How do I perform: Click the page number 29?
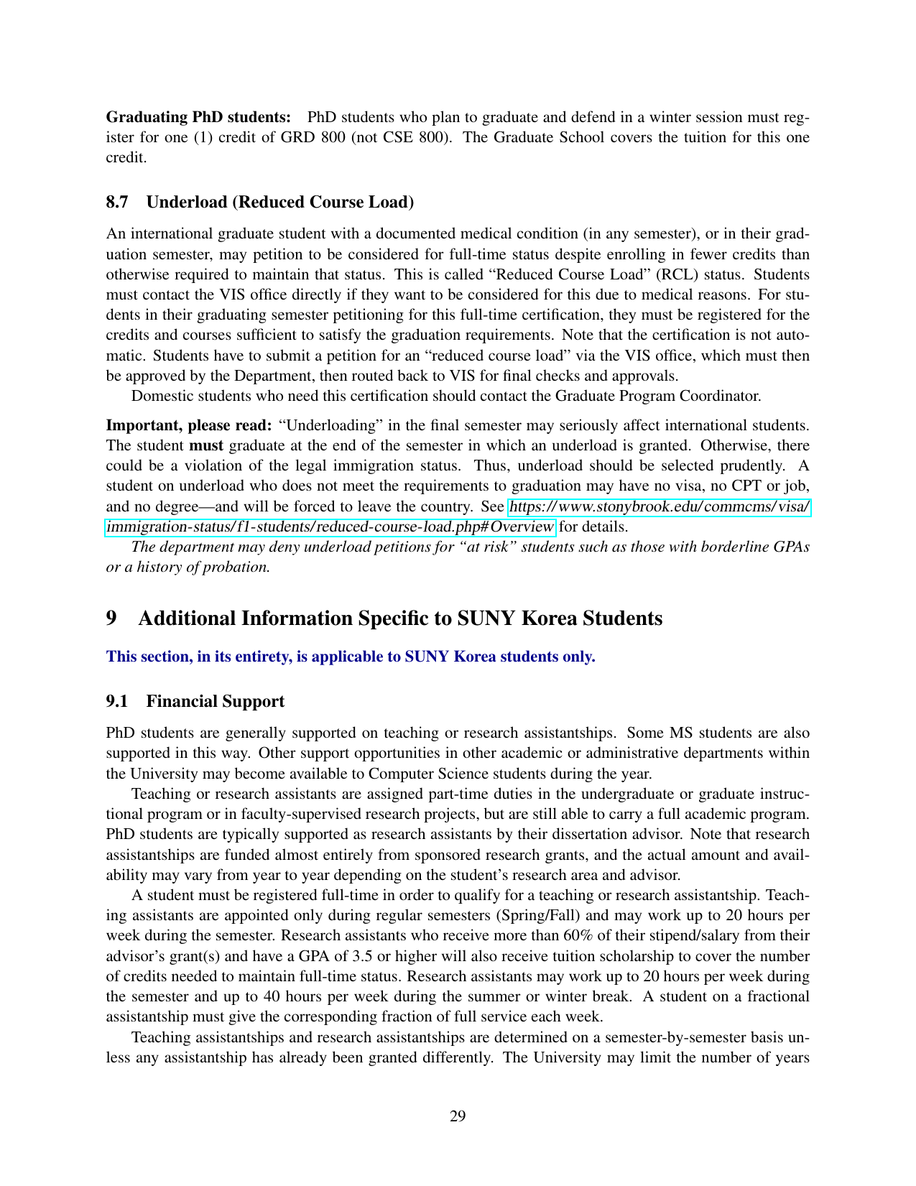pyautogui.click(x=458, y=1116)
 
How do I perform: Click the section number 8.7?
pyautogui.click(x=117, y=202)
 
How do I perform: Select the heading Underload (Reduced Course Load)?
pyautogui.click(x=279, y=202)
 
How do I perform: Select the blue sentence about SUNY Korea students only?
pyautogui.click(x=351, y=657)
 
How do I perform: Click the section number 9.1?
pyautogui.click(x=117, y=701)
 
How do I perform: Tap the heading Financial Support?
pyautogui.click(x=215, y=701)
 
